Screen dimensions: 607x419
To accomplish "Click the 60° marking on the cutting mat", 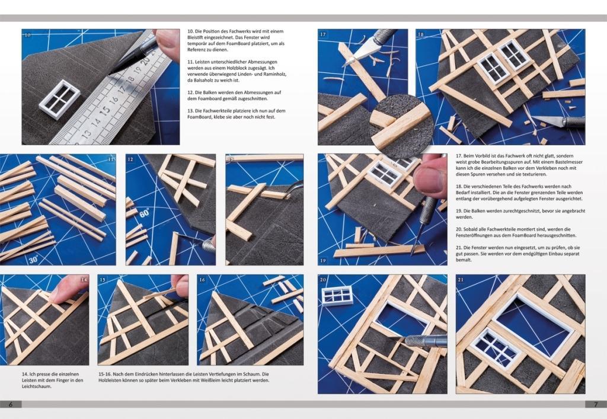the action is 145,213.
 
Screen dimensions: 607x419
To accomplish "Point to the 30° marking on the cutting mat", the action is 33,260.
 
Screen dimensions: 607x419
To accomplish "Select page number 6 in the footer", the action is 11,404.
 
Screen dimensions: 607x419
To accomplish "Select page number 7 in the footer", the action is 596,404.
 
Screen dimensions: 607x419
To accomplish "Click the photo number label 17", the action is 323,34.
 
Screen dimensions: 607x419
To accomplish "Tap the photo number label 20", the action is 323,279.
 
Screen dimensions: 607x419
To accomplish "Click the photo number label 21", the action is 461,279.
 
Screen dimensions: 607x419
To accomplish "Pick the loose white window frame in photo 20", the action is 337,296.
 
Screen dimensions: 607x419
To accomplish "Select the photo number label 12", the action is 130,159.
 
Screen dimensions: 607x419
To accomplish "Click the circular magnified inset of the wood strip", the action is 402,126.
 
